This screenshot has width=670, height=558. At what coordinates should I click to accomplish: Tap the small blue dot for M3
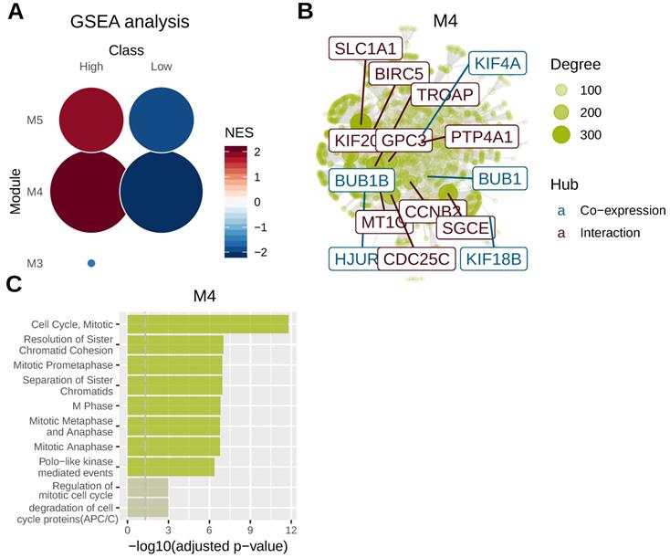coord(91,264)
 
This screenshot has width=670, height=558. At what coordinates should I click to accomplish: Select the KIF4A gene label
coord(497,64)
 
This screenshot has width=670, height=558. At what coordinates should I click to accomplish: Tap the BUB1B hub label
coord(361,181)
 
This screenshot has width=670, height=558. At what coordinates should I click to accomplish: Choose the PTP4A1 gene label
coord(483,136)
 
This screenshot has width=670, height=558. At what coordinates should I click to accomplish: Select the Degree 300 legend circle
coord(565,135)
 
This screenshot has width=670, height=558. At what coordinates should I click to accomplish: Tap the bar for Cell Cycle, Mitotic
coord(208,323)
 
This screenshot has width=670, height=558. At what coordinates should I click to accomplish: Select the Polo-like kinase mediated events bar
coord(171,467)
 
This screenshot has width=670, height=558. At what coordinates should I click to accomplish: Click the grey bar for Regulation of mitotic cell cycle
coord(147,488)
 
